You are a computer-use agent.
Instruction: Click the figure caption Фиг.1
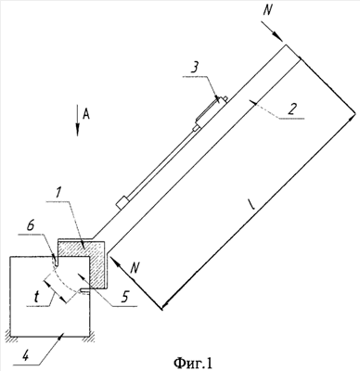tap(193, 363)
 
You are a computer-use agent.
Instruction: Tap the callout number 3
tap(194, 68)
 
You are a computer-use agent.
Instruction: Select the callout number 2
tap(291, 109)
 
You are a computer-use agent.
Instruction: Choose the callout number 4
tap(26, 357)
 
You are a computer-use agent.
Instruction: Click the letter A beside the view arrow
tap(86, 114)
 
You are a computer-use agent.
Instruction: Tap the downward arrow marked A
tap(77, 121)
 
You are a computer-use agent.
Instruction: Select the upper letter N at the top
tap(268, 10)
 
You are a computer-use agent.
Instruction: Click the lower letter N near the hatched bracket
tap(135, 268)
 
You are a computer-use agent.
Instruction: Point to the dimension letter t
tap(36, 297)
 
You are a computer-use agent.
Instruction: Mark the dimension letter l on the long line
tap(251, 204)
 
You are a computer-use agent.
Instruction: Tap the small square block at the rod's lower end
tap(122, 202)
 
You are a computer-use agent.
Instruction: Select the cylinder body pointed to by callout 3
tap(212, 109)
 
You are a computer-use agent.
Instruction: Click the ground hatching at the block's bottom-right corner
tap(89, 339)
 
